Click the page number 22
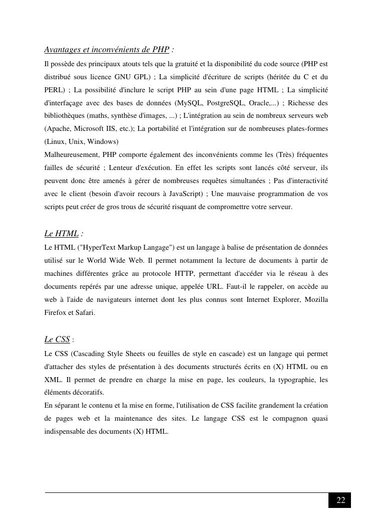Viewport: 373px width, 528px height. (x=340, y=500)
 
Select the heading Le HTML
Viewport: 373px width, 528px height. (x=61, y=234)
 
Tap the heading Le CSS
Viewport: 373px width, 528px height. (x=57, y=340)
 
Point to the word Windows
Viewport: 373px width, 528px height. (x=103, y=141)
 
